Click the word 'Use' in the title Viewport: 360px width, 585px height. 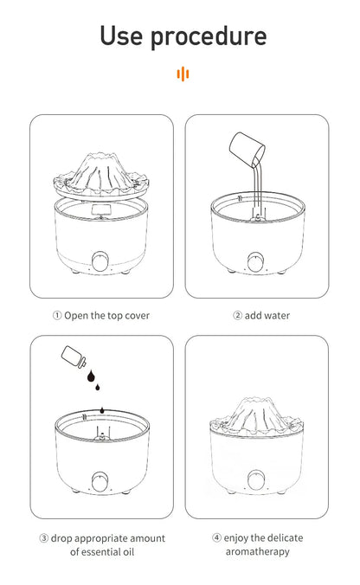(x=124, y=35)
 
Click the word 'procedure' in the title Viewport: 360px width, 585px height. (x=210, y=37)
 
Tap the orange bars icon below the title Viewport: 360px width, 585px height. (x=182, y=74)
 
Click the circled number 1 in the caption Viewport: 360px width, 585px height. (x=57, y=316)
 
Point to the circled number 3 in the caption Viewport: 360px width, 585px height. (x=43, y=538)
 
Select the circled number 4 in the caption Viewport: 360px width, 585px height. (x=216, y=538)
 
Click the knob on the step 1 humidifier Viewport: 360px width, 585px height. (x=101, y=260)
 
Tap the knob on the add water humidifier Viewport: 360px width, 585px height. (x=257, y=260)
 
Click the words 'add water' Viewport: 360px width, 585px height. (x=267, y=316)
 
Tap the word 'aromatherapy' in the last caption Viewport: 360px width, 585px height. (x=257, y=551)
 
